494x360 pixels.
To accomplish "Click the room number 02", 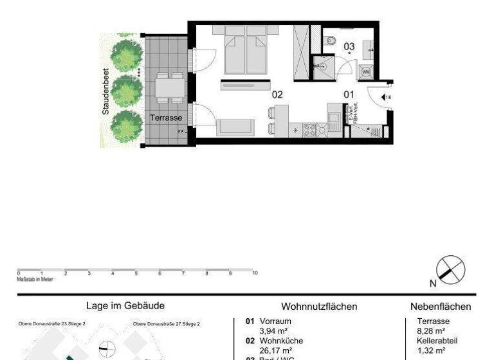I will pyautogui.click(x=277, y=94).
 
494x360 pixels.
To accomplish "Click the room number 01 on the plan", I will pyautogui.click(x=349, y=94).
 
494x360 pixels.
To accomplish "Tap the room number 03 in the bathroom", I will pyautogui.click(x=349, y=46).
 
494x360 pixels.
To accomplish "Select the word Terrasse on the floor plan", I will pyautogui.click(x=166, y=118).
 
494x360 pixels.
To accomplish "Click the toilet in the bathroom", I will pyautogui.click(x=331, y=41).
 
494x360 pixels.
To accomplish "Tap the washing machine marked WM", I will pyautogui.click(x=367, y=72).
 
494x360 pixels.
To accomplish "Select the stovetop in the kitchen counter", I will pyautogui.click(x=310, y=130).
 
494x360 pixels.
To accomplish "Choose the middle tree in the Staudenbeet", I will pyautogui.click(x=125, y=91).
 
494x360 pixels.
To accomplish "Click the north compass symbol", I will pyautogui.click(x=450, y=269).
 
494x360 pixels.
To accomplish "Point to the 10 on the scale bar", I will pyautogui.click(x=255, y=273).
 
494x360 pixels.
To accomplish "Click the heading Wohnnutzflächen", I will pyautogui.click(x=319, y=307).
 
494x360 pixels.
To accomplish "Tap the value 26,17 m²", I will pyautogui.click(x=273, y=351).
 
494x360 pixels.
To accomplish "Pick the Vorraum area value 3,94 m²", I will pyautogui.click(x=273, y=331).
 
